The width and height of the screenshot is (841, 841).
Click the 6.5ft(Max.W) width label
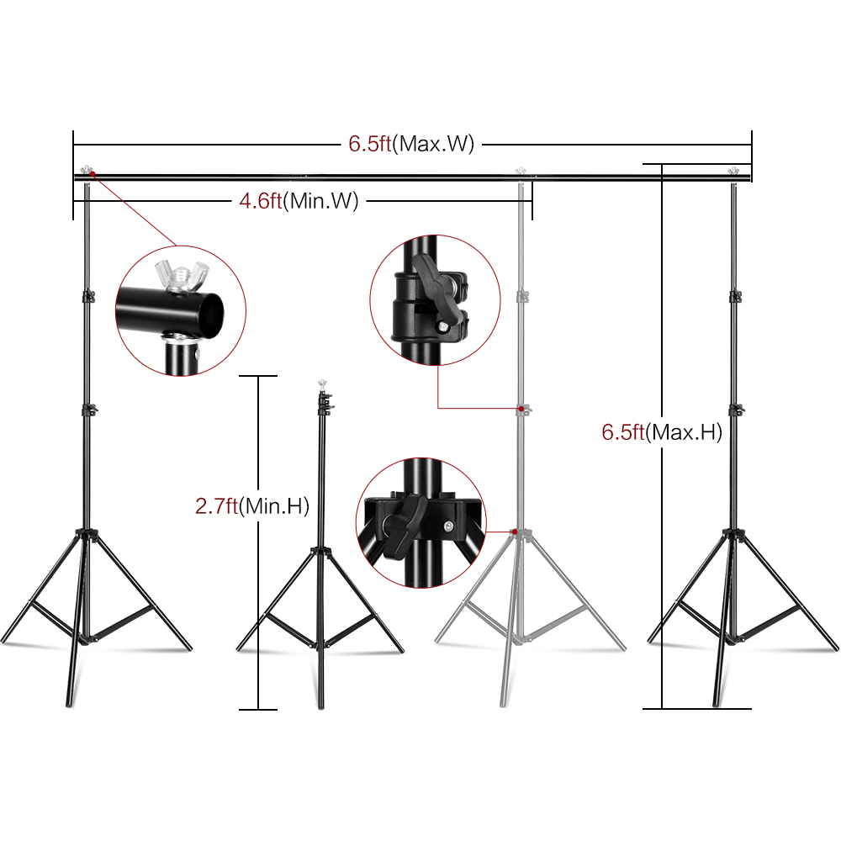pos(411,144)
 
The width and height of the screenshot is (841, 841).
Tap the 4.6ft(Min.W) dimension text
pos(299,201)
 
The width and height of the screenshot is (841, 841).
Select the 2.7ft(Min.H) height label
pos(252,505)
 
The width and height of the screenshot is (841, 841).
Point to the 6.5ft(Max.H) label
pos(662,432)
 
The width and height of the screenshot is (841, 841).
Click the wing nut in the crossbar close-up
pos(182,275)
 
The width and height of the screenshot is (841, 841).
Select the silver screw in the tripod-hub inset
pos(448,526)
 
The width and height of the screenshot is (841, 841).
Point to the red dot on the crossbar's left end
pos(93,174)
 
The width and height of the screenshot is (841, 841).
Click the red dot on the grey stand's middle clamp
pos(521,410)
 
